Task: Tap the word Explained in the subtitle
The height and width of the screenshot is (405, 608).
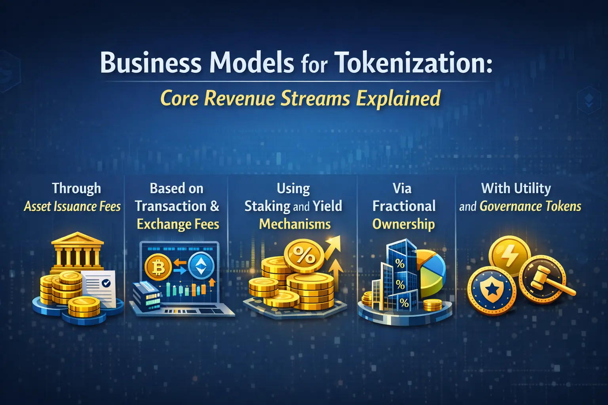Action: pyautogui.click(x=398, y=98)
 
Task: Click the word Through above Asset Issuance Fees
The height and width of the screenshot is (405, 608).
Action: pyautogui.click(x=76, y=189)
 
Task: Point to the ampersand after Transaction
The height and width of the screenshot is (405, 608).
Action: pyautogui.click(x=215, y=206)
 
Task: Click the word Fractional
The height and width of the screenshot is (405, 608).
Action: pyautogui.click(x=404, y=206)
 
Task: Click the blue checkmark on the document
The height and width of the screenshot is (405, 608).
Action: pyautogui.click(x=106, y=283)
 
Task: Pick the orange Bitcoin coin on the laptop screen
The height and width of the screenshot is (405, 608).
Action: pyautogui.click(x=158, y=267)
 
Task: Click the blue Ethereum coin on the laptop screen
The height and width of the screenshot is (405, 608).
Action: pyautogui.click(x=201, y=266)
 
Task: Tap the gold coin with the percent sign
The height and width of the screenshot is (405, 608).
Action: pyautogui.click(x=304, y=256)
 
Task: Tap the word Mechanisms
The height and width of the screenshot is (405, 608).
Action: pyautogui.click(x=295, y=224)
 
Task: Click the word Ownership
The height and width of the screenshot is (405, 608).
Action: pyautogui.click(x=403, y=224)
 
